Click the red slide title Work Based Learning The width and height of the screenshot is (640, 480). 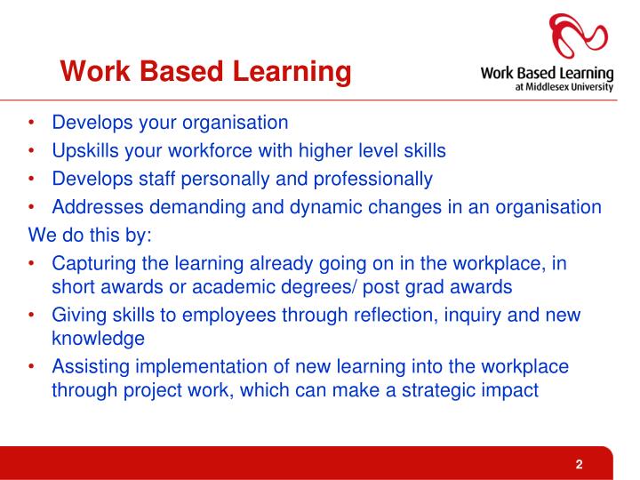click(x=205, y=70)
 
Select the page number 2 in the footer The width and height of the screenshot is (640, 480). click(x=579, y=464)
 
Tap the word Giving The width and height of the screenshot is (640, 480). click(x=78, y=315)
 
